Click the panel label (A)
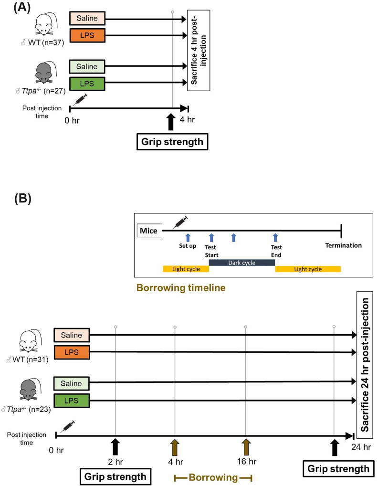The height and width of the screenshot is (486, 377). coord(17,8)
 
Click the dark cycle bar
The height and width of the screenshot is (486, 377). coord(241,263)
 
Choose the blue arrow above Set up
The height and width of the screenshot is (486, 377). coord(188,237)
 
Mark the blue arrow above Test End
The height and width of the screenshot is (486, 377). coord(275,237)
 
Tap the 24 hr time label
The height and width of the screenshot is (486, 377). coord(361,447)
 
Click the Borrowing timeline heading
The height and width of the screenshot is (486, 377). coord(180,288)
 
